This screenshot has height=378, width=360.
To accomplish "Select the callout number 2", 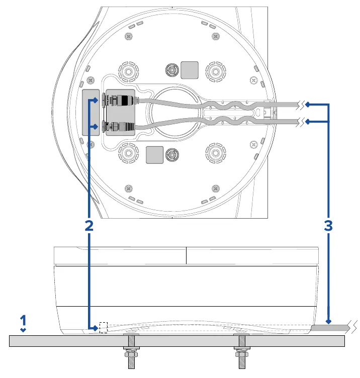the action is tap(89, 226).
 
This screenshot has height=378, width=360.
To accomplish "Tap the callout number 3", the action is tap(328, 226).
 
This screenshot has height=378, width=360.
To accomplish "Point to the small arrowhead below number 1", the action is tap(23, 330).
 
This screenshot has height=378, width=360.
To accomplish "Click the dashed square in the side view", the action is tap(104, 327).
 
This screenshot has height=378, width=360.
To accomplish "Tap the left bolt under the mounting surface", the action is tap(131, 351).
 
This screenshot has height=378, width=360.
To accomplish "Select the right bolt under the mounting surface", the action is tap(242, 351).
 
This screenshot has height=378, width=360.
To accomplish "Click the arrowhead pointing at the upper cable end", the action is tap(307, 105).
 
